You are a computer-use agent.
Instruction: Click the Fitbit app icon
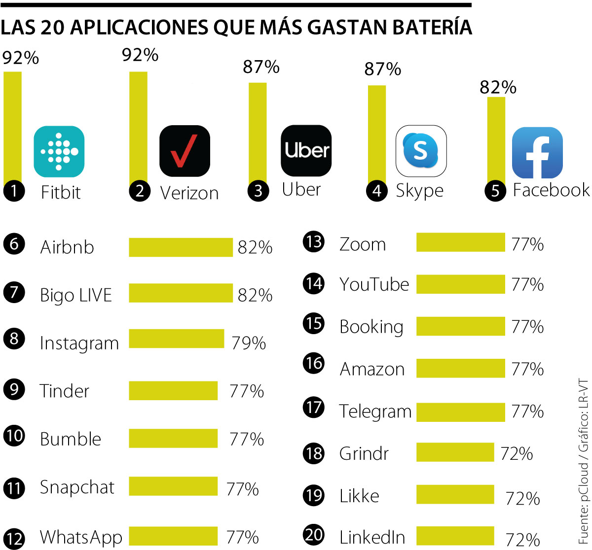coord(59,152)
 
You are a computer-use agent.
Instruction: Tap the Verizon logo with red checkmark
coord(185,151)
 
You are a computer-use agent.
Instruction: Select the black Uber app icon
coord(306,150)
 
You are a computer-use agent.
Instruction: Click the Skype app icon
coord(421,151)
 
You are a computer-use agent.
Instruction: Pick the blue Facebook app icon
coord(537,153)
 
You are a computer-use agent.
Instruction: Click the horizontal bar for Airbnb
coord(181,247)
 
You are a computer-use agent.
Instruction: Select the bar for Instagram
coord(176,339)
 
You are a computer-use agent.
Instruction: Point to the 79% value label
coord(249,343)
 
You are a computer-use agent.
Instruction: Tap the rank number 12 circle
coord(14,538)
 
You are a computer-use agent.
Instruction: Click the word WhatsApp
coord(81,537)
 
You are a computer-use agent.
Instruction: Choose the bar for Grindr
coord(455,452)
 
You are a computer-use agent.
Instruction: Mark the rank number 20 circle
coord(314,535)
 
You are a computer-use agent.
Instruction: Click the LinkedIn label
coord(372,537)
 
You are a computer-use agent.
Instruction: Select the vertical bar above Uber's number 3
coord(257,133)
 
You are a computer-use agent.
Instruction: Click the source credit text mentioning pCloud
coord(583,460)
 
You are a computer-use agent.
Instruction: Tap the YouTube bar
coord(460,284)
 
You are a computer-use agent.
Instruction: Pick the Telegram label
coord(375,412)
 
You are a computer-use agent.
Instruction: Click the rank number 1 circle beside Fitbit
coord(14,191)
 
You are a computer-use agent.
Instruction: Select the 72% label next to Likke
coord(522,498)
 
